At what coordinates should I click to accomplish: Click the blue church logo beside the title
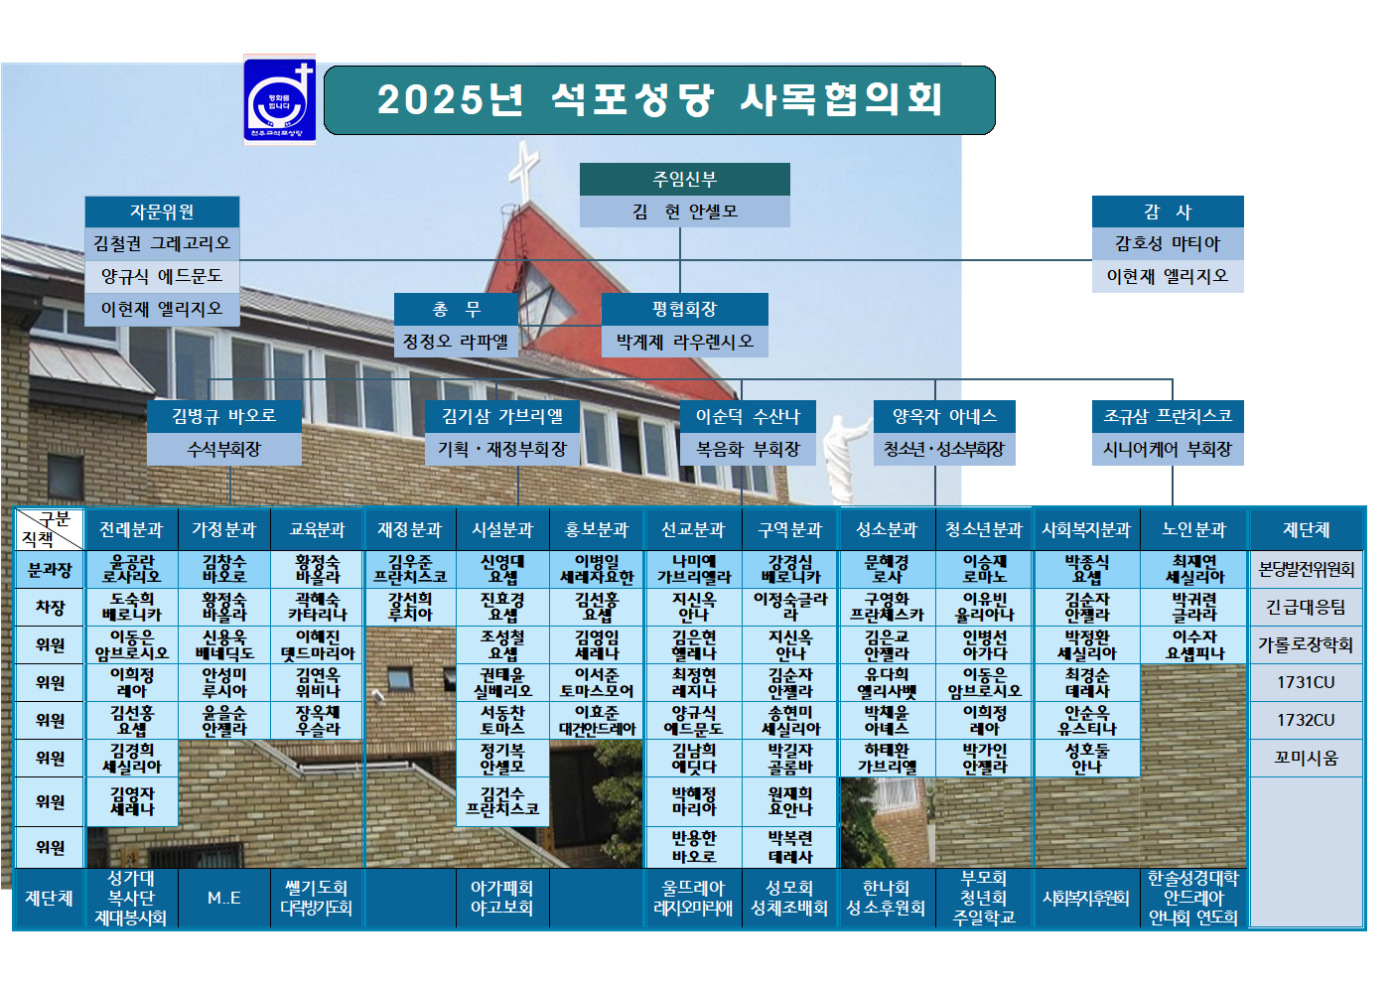pos(280,100)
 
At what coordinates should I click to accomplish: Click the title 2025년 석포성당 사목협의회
pos(659,99)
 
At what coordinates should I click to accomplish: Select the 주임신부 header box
pos(684,179)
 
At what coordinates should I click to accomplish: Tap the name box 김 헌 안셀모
pos(684,211)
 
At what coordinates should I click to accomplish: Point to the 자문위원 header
pos(162,211)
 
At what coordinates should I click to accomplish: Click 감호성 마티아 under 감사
pos(1167,243)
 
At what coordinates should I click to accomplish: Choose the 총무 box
pos(456,309)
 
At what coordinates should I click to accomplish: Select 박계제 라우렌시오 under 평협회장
pos(684,342)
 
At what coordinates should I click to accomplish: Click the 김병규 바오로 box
pos(223,416)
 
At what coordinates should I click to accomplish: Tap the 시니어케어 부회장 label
pos(1167,450)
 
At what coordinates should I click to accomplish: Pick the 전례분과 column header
pos(131,530)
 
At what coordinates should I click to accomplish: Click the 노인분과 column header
pos(1194,530)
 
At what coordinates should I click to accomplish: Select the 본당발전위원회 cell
pos(1306,569)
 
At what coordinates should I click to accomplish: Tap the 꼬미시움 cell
pos(1306,758)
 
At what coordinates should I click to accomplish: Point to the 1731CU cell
pos(1306,682)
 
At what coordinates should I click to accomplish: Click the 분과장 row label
pos(50,570)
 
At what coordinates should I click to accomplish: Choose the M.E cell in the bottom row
pos(223,898)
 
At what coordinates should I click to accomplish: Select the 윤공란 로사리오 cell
pos(131,569)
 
